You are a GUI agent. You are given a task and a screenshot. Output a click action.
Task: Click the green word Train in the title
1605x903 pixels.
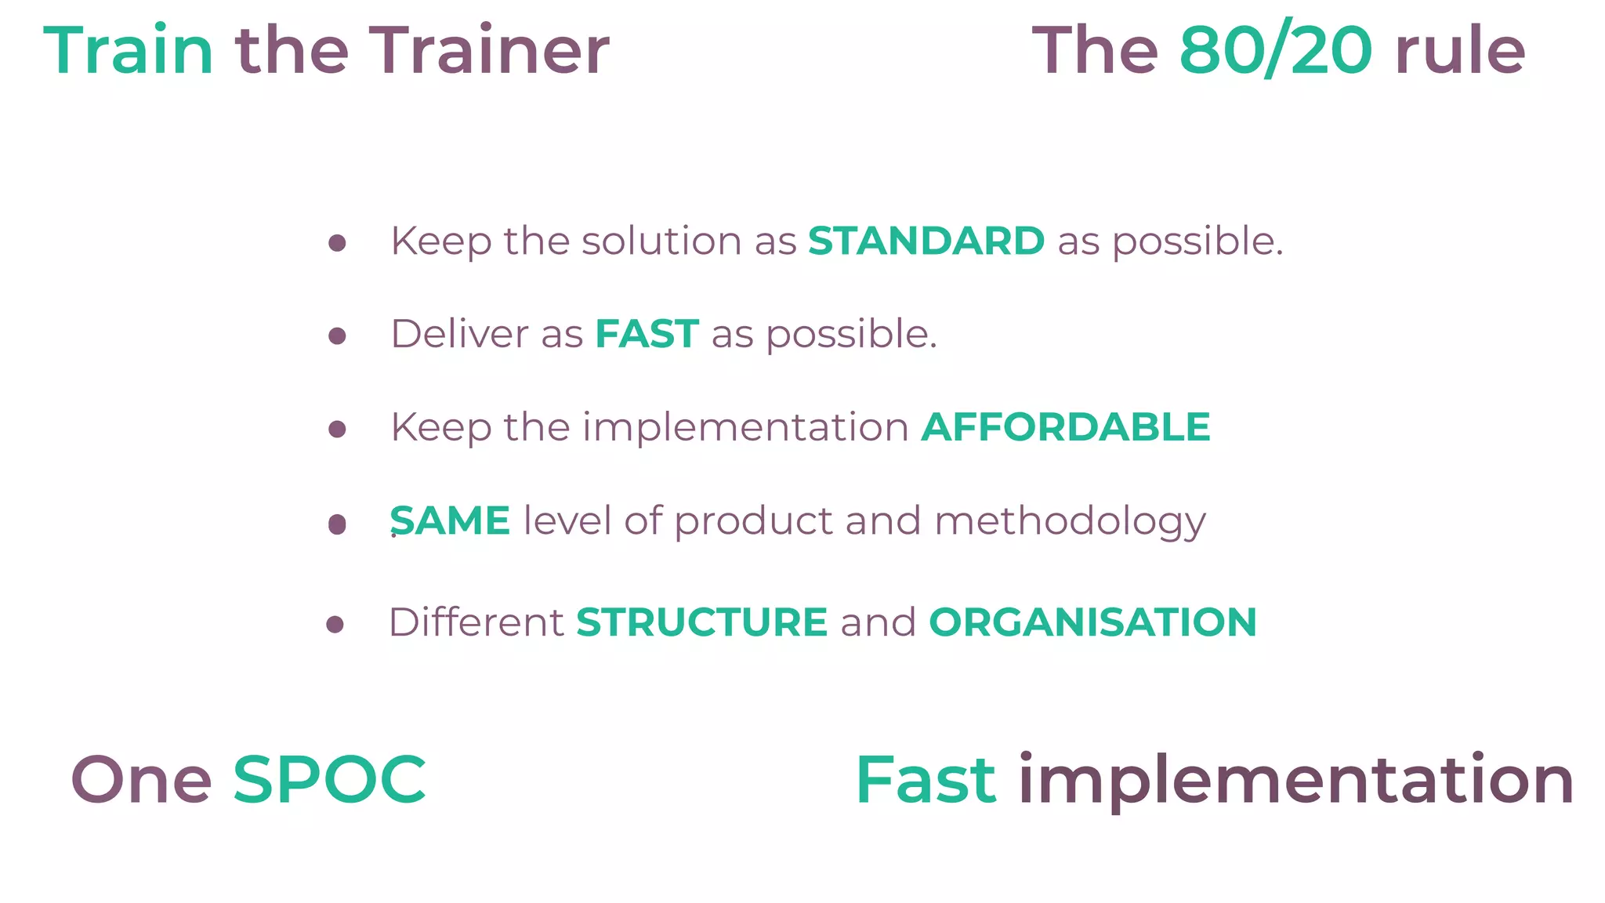point(128,51)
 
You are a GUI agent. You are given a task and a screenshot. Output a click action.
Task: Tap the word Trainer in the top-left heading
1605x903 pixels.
point(488,51)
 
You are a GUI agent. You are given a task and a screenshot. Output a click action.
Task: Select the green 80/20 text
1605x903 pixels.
point(1276,51)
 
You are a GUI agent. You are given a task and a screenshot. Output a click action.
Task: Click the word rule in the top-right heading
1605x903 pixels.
point(1460,51)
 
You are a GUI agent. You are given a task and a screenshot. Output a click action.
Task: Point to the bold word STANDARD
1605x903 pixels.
point(926,241)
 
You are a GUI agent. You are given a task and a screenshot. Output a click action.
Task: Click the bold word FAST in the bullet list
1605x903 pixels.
point(647,334)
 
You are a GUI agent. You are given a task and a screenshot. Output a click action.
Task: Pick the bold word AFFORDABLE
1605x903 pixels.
point(1066,427)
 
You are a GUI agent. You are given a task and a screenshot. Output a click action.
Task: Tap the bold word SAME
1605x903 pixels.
point(451,521)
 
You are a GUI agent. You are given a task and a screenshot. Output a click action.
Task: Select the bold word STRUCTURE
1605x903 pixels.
point(701,622)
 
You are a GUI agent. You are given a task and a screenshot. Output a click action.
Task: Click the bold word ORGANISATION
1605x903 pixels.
point(1092,622)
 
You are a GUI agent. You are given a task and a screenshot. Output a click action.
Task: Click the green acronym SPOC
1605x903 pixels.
point(329,780)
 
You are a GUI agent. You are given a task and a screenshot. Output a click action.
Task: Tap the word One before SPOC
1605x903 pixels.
point(141,780)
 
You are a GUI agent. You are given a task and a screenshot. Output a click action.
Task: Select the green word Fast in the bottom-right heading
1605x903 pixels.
point(926,780)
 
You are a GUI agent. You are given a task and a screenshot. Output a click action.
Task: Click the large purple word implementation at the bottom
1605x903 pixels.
point(1295,780)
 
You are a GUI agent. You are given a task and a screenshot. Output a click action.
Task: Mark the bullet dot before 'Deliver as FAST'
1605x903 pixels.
point(337,336)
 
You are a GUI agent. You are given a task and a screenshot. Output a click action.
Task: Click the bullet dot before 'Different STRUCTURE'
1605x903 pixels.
point(335,625)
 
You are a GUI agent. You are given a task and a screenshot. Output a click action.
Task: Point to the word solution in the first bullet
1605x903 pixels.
point(661,241)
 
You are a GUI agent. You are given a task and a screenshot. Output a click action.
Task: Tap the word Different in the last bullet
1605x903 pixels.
point(476,622)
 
